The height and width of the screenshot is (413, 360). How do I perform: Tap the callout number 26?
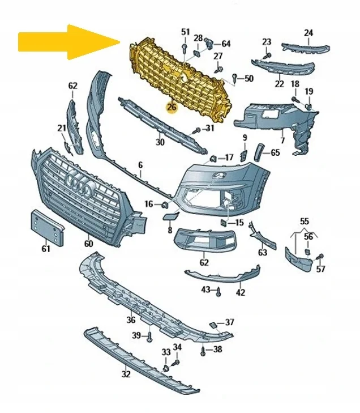point(172,107)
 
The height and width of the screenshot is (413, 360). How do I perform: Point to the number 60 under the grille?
point(88,244)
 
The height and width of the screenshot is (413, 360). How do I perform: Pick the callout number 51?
point(186,31)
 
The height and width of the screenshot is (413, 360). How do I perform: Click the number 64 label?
point(226,43)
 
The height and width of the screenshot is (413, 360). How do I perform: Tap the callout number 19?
point(309,92)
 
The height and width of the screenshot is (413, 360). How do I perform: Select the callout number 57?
point(321,269)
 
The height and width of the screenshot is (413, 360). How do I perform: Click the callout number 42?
point(241,293)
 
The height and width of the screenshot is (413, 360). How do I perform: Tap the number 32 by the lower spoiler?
point(126,374)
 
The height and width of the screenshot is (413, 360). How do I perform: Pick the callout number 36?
point(131,319)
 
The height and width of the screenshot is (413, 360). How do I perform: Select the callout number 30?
point(160,142)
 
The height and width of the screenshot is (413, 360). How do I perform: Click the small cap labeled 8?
point(170,216)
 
